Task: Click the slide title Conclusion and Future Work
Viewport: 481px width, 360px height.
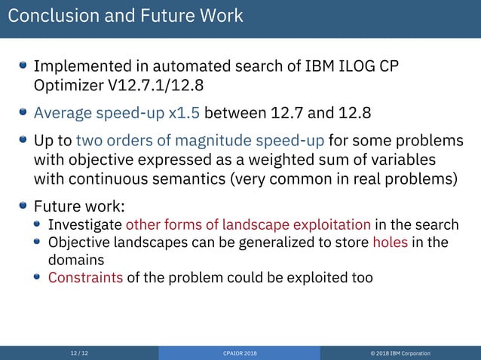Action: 125,15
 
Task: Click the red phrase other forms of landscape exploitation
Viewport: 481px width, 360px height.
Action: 248,224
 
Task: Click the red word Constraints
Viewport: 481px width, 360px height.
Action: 85,277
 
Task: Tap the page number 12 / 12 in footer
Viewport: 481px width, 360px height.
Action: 79,353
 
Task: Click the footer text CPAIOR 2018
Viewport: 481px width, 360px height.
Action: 240,353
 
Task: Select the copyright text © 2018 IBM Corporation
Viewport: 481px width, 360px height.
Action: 401,353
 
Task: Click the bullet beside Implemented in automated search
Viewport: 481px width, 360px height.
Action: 23,66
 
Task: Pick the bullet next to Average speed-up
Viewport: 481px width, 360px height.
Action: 23,114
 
